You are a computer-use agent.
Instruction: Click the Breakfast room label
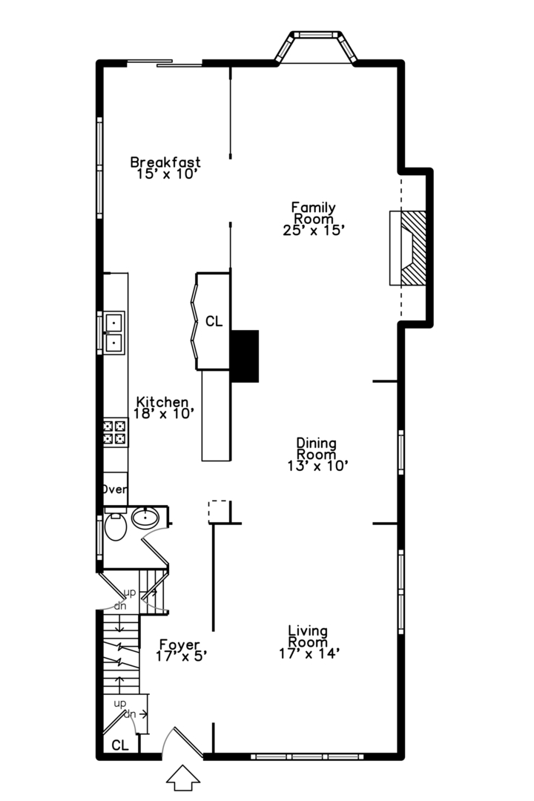point(165,162)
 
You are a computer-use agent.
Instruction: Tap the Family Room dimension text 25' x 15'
point(313,231)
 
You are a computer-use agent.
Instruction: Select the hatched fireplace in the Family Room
point(409,248)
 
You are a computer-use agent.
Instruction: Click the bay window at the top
point(317,46)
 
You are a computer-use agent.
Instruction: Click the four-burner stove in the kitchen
point(114,432)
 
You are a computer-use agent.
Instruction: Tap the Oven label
point(115,489)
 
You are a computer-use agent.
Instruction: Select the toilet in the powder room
point(114,528)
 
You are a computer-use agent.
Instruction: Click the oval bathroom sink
point(145,518)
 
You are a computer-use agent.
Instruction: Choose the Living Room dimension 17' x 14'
point(309,653)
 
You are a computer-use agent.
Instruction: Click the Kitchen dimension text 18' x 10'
point(165,413)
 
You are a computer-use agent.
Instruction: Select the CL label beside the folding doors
point(214,321)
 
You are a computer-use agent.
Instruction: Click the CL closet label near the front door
point(119,745)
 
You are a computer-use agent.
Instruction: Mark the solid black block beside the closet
point(244,356)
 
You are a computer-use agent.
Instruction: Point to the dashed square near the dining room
point(219,511)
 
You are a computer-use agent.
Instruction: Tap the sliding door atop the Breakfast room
point(165,63)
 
